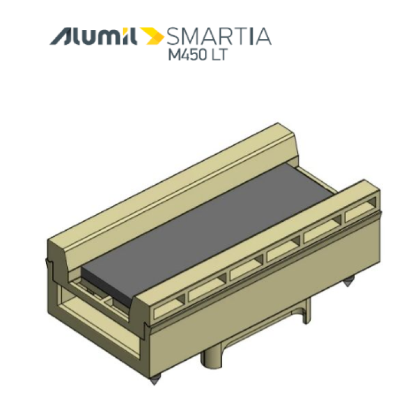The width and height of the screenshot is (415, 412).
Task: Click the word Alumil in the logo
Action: [x=93, y=36]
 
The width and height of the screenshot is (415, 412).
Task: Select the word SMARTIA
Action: [x=219, y=36]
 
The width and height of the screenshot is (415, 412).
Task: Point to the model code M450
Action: [x=188, y=55]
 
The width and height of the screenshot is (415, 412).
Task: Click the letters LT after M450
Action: [x=219, y=55]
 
